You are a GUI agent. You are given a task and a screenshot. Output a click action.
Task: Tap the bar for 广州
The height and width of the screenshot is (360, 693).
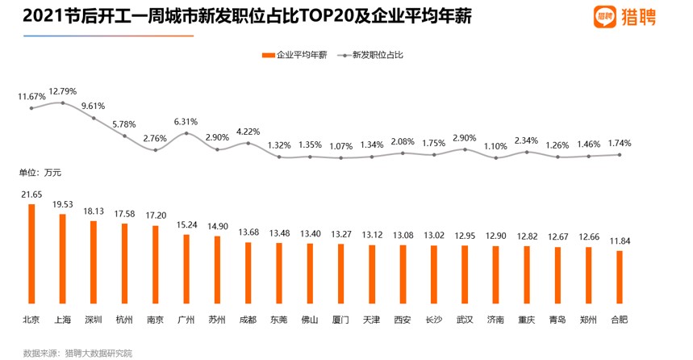pos(186,270)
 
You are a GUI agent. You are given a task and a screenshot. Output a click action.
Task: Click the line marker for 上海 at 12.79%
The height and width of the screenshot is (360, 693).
pos(63,103)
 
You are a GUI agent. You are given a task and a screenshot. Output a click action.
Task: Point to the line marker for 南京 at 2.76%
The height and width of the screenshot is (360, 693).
pos(156,150)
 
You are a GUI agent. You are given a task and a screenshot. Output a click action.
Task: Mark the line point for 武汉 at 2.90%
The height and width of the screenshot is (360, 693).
pos(465,149)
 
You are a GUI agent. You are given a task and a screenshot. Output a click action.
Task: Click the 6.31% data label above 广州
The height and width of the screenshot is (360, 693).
pos(186,122)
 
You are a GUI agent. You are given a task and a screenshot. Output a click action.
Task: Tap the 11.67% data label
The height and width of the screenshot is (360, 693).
pos(32,96)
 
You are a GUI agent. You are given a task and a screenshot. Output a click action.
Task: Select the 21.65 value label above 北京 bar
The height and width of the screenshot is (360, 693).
pos(32,195)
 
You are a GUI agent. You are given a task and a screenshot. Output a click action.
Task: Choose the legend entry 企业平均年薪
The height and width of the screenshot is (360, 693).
pos(295,55)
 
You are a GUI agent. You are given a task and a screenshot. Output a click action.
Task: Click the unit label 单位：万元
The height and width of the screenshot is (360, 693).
pos(40,172)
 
